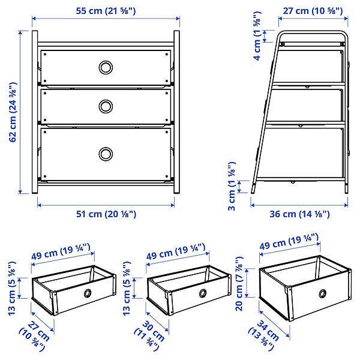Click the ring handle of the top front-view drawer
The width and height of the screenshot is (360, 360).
pos(106,67)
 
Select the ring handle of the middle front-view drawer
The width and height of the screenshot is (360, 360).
pos(106,107)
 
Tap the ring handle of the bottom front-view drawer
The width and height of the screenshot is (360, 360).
pos(106,154)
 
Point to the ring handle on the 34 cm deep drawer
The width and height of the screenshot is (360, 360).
pos(323,293)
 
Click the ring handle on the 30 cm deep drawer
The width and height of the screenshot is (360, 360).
pos(203,293)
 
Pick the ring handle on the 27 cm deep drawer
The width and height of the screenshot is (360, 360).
pos(88,293)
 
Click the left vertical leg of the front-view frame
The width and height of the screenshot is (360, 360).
pos(35,112)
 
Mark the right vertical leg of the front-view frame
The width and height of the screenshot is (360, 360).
pos(177,112)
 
